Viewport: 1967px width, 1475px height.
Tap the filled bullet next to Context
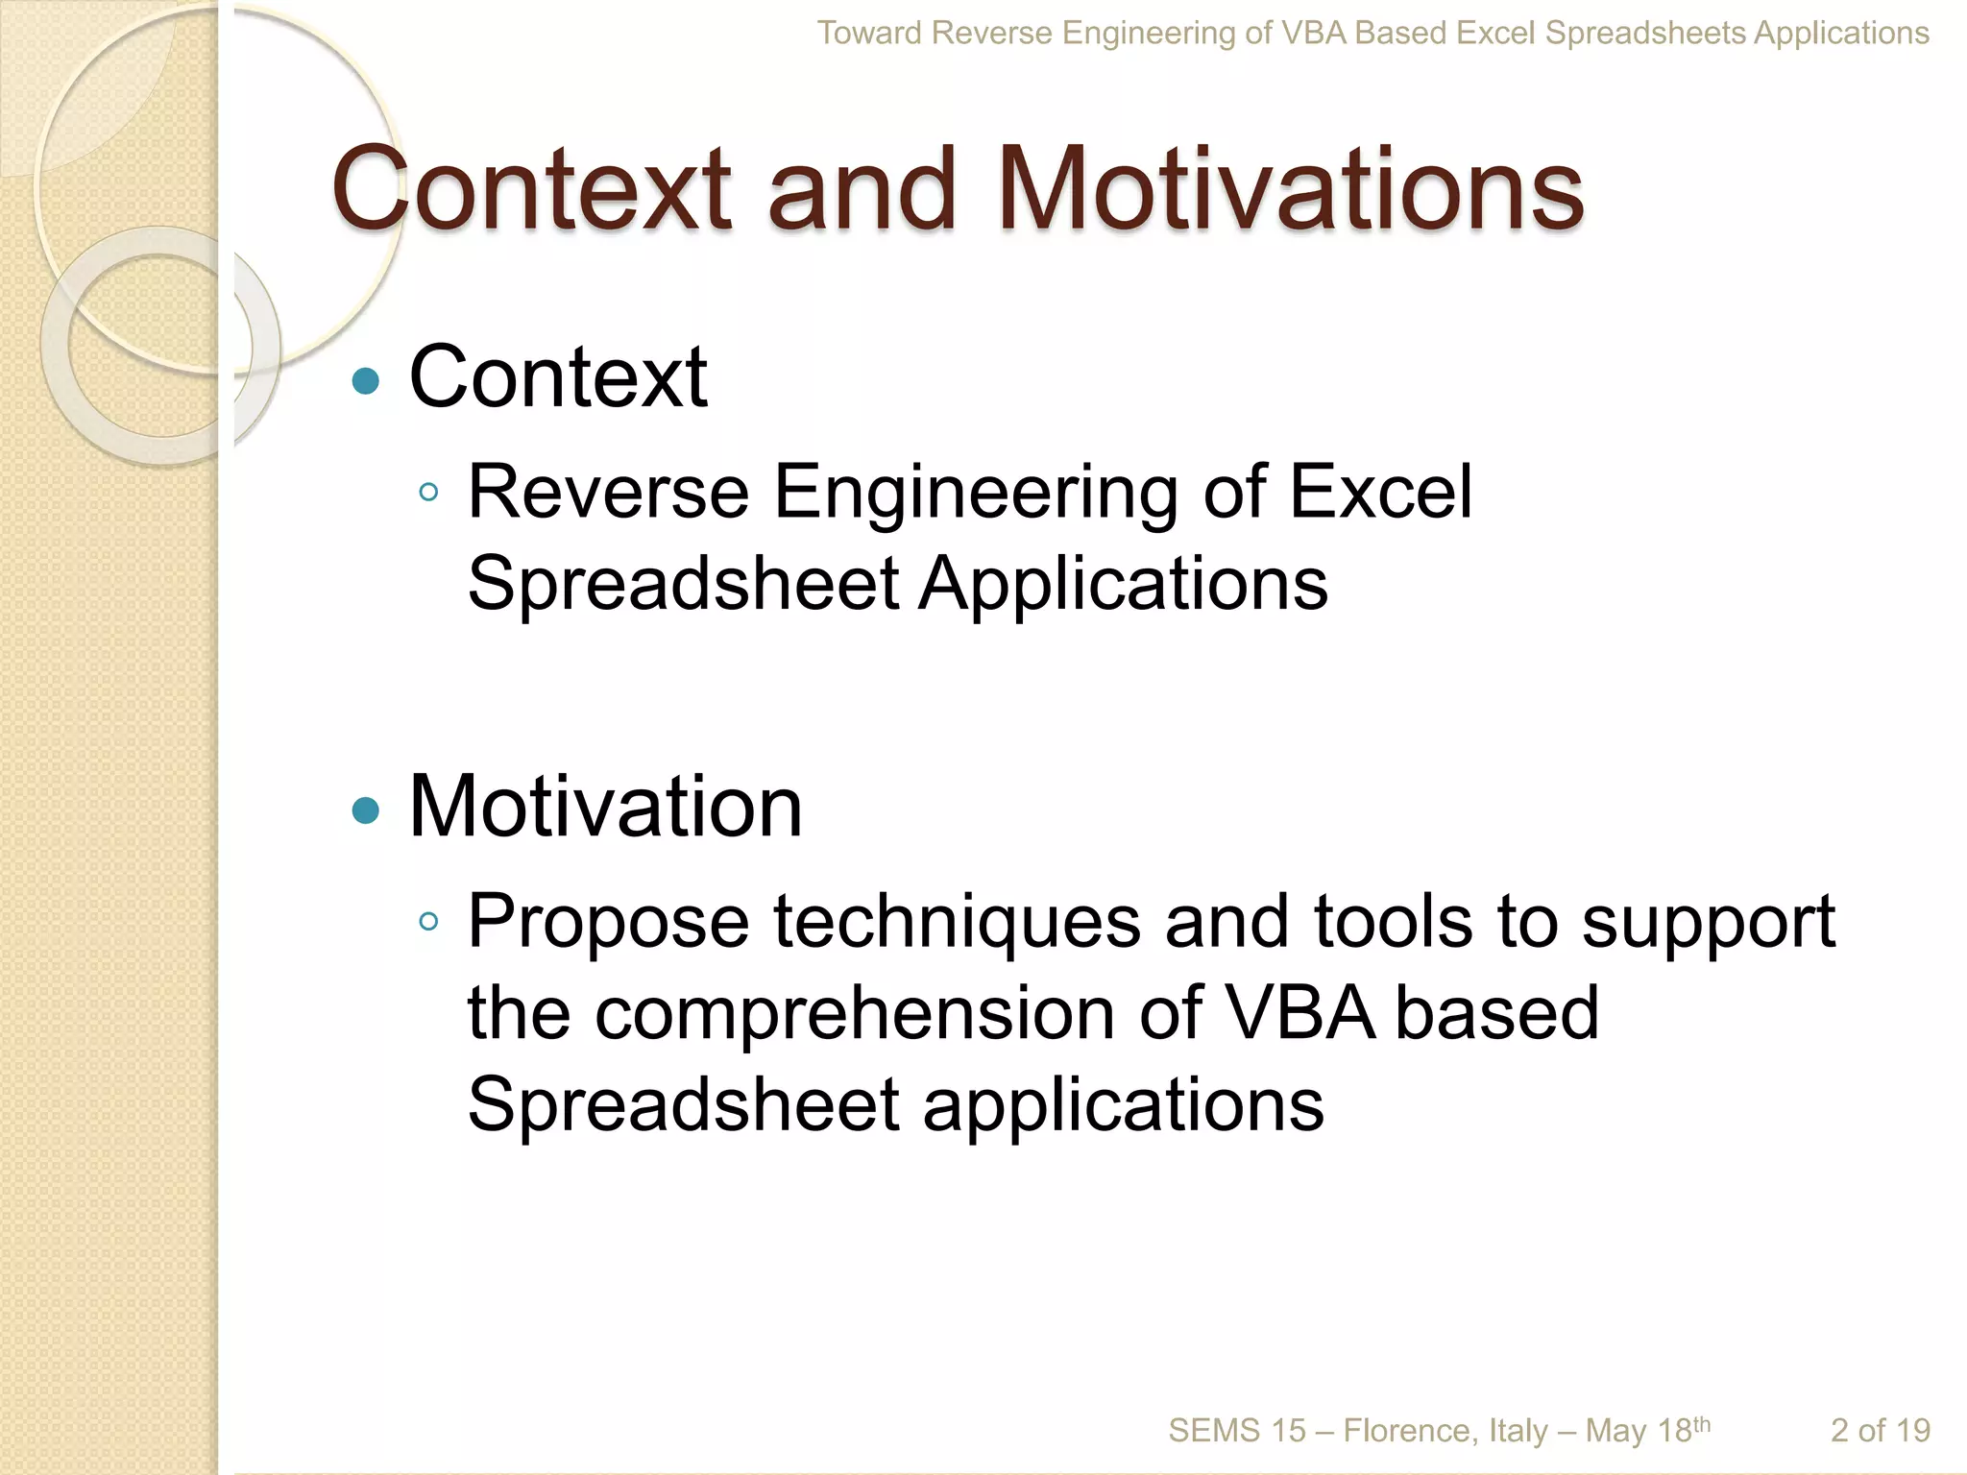pyautogui.click(x=366, y=381)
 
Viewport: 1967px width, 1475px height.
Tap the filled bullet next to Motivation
pyautogui.click(x=366, y=810)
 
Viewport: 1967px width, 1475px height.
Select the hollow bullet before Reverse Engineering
pyautogui.click(x=429, y=494)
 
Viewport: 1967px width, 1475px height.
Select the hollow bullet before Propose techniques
pyautogui.click(x=429, y=923)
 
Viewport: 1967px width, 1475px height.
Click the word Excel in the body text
pyautogui.click(x=1379, y=492)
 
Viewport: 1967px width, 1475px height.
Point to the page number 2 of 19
pyautogui.click(x=1880, y=1430)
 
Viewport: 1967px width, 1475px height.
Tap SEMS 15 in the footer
pyautogui.click(x=1236, y=1430)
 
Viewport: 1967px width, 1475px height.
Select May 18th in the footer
pyautogui.click(x=1647, y=1429)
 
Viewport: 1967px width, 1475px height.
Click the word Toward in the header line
pyautogui.click(x=868, y=33)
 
